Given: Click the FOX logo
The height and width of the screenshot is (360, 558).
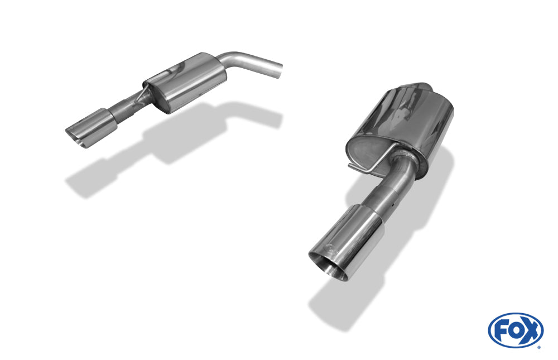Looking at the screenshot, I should (x=516, y=330).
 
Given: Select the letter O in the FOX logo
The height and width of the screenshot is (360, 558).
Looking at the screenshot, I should (x=515, y=330).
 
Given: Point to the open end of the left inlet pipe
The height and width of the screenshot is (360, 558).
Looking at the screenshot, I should (x=279, y=70).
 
